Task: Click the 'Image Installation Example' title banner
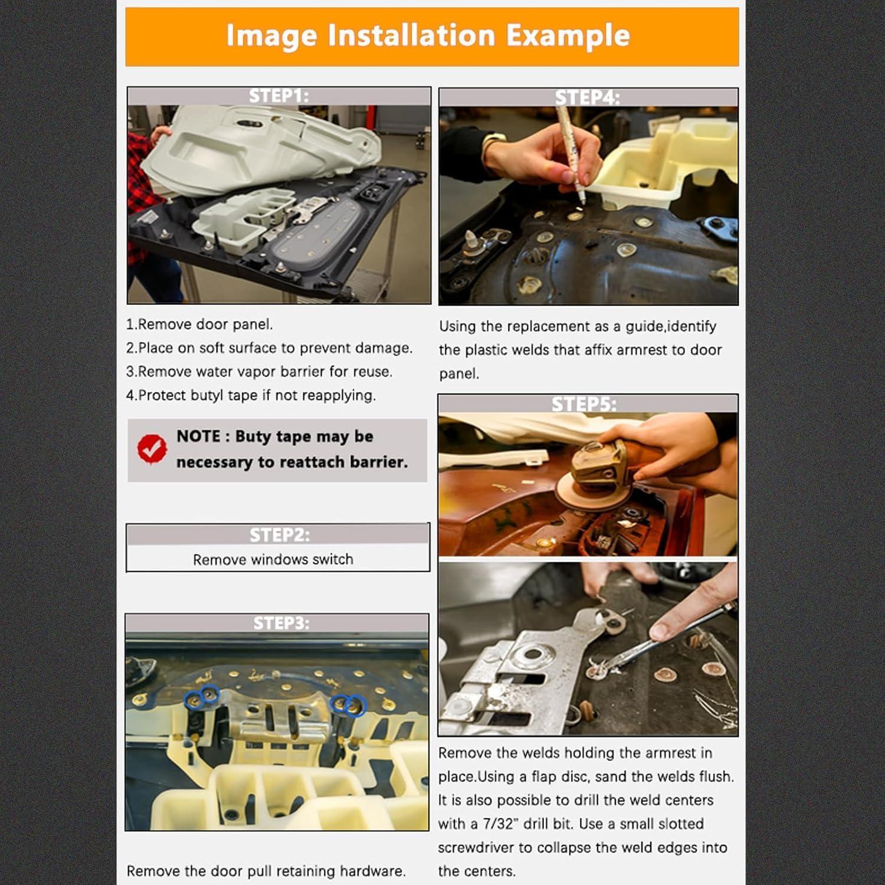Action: point(431,36)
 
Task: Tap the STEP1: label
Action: point(278,96)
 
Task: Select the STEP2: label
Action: point(279,535)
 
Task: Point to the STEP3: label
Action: point(281,623)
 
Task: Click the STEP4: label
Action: point(587,97)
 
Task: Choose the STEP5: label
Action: point(584,404)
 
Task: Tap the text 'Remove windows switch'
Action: point(273,559)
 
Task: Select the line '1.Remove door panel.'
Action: point(199,324)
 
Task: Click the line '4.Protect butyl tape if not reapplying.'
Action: point(251,395)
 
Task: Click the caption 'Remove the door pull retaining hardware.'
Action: point(266,871)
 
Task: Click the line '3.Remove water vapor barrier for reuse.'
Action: point(259,372)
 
